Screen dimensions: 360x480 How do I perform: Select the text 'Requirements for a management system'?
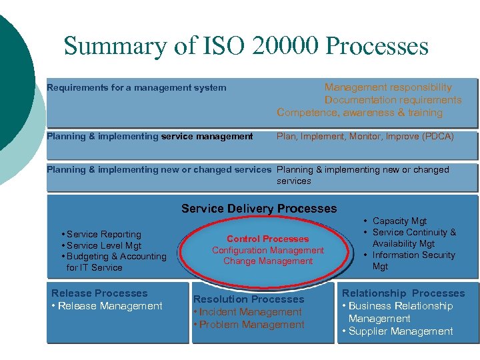point(136,87)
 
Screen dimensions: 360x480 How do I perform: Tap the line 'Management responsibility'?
point(387,87)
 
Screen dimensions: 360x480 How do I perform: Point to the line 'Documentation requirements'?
point(393,100)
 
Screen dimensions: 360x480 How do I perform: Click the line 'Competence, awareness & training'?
point(359,113)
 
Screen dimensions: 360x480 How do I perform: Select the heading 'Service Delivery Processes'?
point(259,209)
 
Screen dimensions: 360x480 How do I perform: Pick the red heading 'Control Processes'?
point(267,239)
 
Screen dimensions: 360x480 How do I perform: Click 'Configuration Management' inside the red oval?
point(267,250)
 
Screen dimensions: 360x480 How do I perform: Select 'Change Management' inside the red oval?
point(267,261)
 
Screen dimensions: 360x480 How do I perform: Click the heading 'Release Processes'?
point(99,293)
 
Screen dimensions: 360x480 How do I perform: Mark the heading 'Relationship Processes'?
point(403,293)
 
